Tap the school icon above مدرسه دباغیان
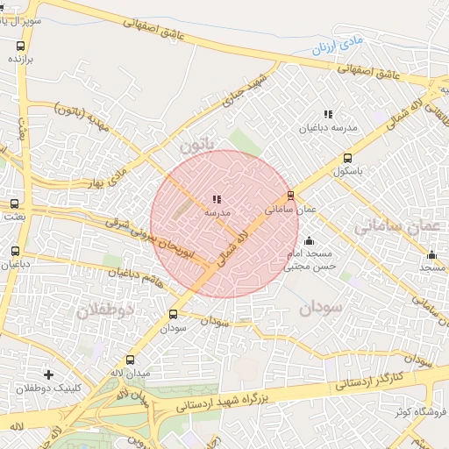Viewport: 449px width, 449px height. point(328,114)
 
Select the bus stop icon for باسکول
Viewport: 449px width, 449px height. point(348,159)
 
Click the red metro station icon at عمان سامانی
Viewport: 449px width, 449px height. point(290,196)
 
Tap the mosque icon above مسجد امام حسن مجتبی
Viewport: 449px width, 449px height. point(308,241)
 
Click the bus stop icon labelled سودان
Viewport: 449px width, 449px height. point(173,314)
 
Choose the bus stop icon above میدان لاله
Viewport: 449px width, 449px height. point(131,360)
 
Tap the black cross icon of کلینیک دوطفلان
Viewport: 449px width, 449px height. point(48,374)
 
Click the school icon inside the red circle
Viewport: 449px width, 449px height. point(217,199)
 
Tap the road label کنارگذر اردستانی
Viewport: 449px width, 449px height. point(369,381)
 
